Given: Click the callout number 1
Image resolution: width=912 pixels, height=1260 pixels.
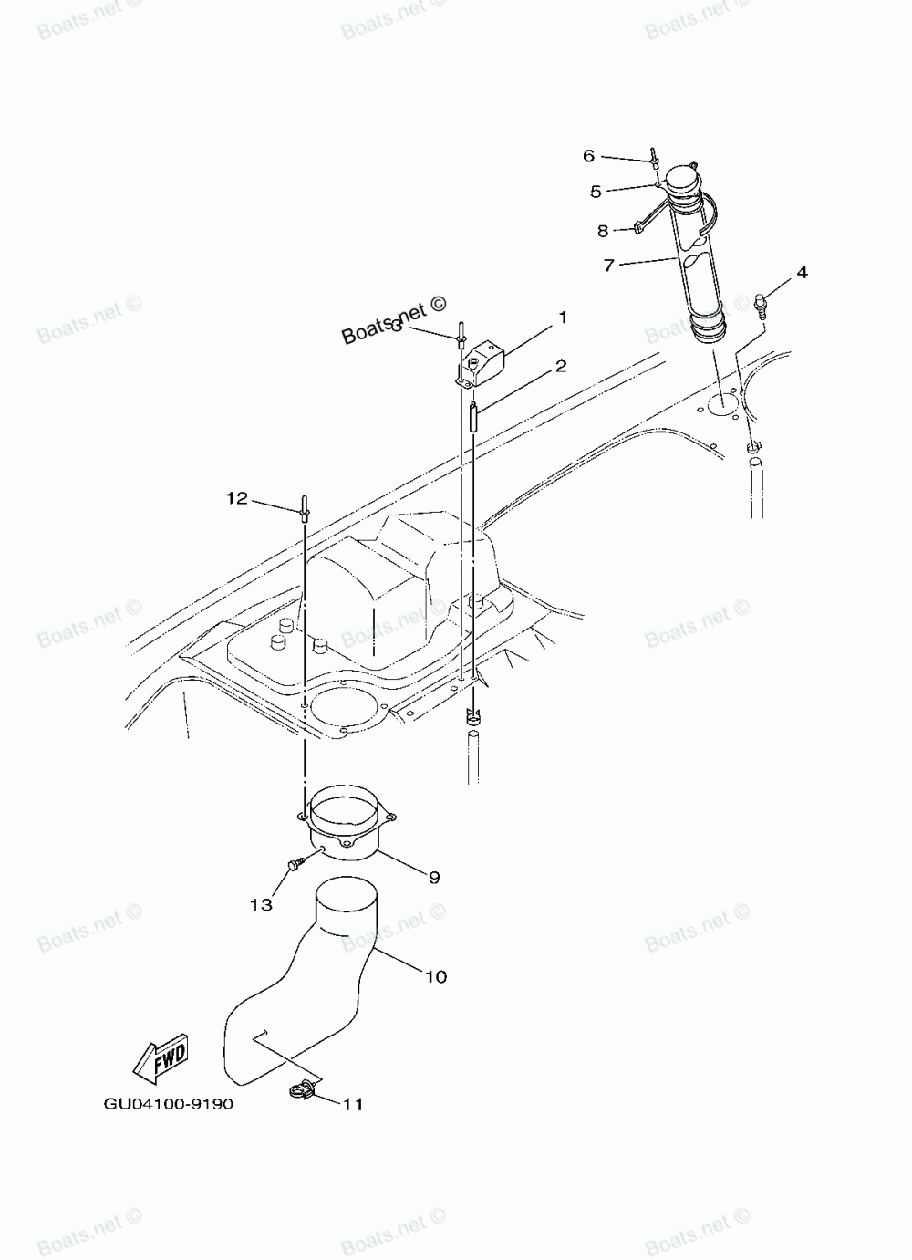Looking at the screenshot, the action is tap(563, 318).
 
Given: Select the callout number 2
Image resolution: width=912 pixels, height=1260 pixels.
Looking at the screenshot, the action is tap(561, 367).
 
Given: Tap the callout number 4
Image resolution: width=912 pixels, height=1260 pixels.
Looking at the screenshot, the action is tap(802, 272).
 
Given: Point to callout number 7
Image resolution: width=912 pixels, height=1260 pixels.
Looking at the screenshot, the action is tap(608, 266).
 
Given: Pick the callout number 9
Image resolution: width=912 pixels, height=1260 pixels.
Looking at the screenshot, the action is tap(434, 877).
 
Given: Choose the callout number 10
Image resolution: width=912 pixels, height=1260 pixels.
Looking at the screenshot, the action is tap(436, 976).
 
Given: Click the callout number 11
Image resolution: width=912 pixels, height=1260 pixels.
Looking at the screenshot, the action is tap(353, 1104).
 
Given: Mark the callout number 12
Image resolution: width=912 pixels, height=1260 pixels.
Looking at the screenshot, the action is tap(237, 498).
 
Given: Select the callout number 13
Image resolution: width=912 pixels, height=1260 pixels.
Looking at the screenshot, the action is tap(261, 904).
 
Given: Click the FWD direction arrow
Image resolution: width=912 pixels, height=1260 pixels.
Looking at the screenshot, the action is tap(161, 1056).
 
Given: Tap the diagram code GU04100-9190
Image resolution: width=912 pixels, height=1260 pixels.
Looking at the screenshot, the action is tap(168, 1104).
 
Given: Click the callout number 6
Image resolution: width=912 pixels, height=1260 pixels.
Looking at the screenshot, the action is tap(589, 156).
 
